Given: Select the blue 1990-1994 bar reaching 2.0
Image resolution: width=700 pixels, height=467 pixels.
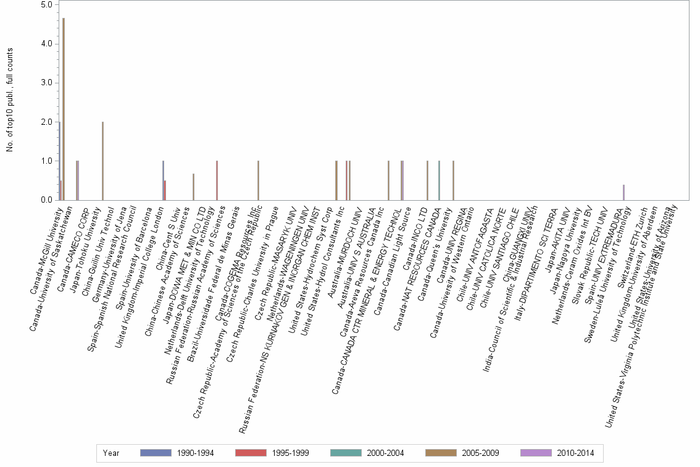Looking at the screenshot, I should pyautogui.click(x=59, y=161).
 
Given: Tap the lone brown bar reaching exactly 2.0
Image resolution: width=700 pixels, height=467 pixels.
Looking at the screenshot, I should pyautogui.click(x=102, y=161).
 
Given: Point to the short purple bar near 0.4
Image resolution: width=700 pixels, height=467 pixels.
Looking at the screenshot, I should pyautogui.click(x=623, y=192).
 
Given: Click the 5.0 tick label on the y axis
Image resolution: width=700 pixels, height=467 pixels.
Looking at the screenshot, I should pyautogui.click(x=46, y=5).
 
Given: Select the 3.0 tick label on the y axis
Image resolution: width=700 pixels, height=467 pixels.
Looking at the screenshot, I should pyautogui.click(x=46, y=83).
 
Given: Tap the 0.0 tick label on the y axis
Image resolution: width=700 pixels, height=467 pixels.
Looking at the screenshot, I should pyautogui.click(x=46, y=200).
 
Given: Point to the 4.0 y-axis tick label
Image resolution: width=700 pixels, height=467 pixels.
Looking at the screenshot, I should pyautogui.click(x=46, y=44).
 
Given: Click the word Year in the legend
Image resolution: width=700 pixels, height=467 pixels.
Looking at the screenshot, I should pyautogui.click(x=112, y=453).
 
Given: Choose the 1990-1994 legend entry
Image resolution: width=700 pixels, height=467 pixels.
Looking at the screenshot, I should pyautogui.click(x=177, y=453).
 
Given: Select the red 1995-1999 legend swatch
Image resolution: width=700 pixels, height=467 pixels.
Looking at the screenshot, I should pyautogui.click(x=249, y=453).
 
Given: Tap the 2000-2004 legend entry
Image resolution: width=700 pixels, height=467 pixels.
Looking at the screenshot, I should pyautogui.click(x=367, y=453).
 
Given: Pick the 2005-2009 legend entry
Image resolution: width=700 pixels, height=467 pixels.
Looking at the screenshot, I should pyautogui.click(x=462, y=453).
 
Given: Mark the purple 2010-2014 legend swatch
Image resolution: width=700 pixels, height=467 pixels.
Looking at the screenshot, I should pyautogui.click(x=535, y=453).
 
